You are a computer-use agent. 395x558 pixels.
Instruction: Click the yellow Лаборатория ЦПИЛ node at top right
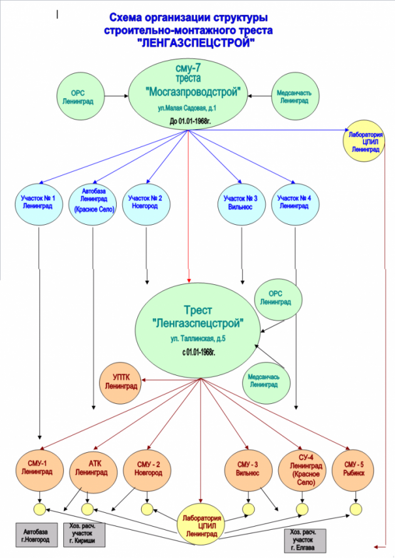[x=366, y=141]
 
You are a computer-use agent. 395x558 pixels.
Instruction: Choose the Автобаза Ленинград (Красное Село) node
[x=93, y=202]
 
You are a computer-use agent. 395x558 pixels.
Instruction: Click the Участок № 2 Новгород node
[x=145, y=202]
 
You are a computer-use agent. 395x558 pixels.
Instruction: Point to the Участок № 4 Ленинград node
[x=294, y=202]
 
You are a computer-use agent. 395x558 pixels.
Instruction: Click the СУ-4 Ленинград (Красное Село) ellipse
[x=302, y=468]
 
